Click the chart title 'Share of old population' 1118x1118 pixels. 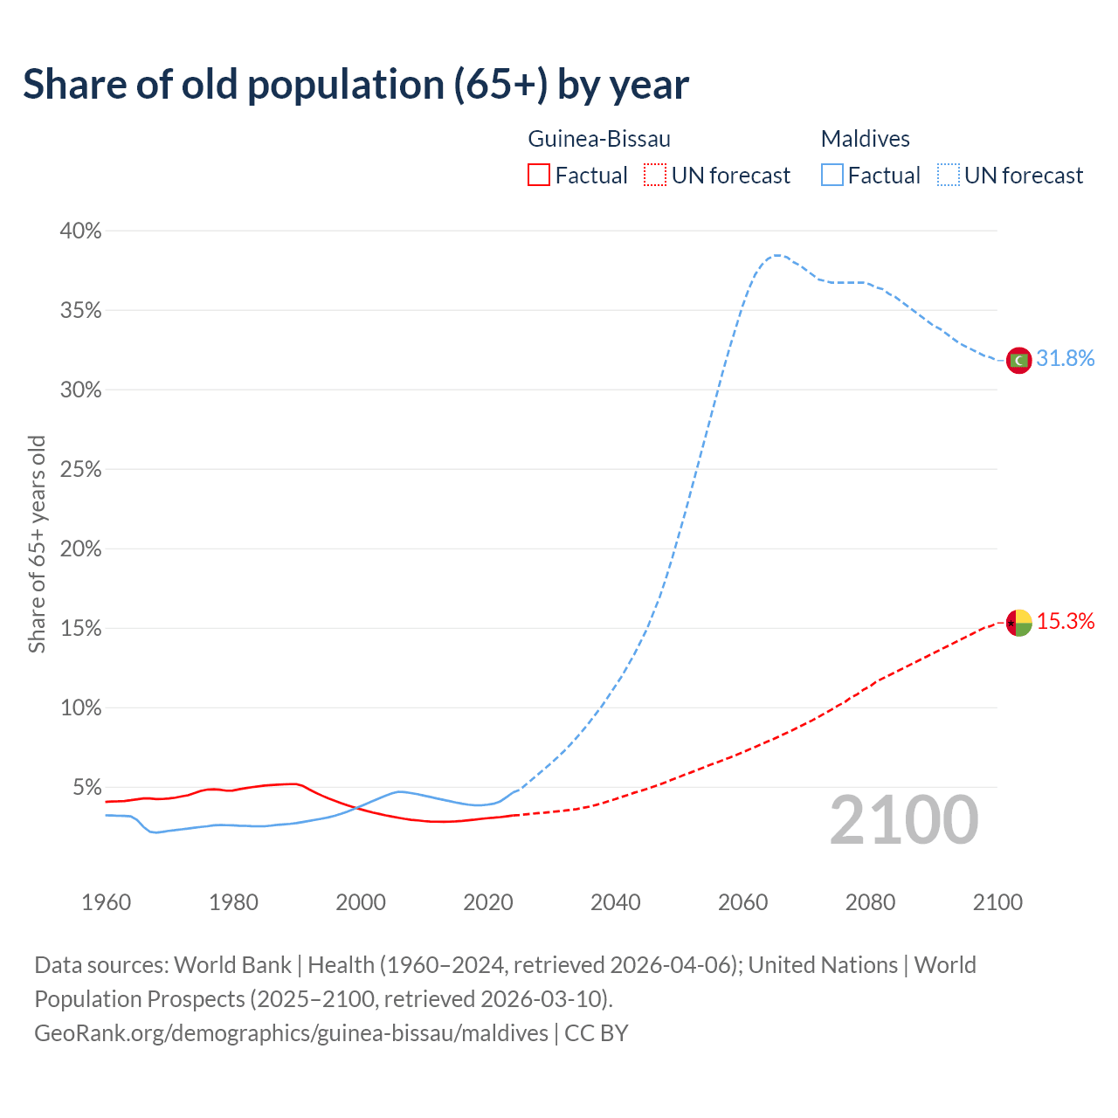click(x=355, y=85)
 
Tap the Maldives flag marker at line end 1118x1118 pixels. click(x=1018, y=359)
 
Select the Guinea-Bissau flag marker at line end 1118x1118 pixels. click(x=1018, y=623)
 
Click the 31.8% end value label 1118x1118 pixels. click(x=1065, y=359)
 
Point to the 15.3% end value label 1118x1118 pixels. click(x=1065, y=622)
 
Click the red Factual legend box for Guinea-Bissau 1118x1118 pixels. click(x=539, y=176)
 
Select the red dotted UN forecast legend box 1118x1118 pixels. click(x=655, y=176)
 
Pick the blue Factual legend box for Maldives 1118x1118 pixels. click(x=832, y=176)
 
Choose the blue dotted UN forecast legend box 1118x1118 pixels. click(x=949, y=176)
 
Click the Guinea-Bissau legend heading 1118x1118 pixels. click(x=599, y=139)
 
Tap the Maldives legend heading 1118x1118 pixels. click(x=865, y=139)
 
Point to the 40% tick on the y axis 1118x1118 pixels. click(x=80, y=231)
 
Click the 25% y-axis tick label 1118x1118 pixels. click(x=80, y=470)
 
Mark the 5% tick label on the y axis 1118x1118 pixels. click(x=86, y=788)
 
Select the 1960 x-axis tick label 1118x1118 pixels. click(x=106, y=902)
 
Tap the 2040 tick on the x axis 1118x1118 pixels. click(x=616, y=902)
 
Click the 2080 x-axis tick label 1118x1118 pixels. click(x=870, y=902)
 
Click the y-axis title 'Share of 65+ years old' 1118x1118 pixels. click(x=37, y=543)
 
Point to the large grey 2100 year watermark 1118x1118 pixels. click(x=904, y=820)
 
